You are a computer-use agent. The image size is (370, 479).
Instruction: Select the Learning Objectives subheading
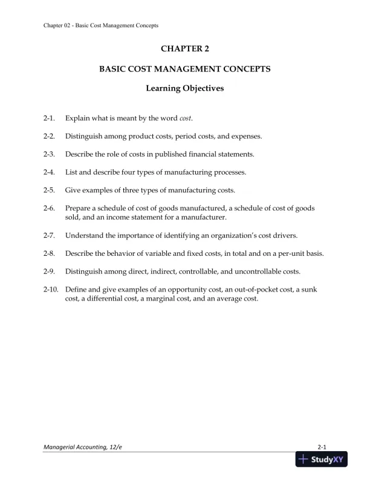185,88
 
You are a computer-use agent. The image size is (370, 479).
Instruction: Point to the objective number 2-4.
50,172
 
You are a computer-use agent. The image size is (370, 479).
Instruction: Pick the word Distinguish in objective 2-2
84,136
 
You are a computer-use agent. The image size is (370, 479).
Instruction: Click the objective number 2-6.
50,209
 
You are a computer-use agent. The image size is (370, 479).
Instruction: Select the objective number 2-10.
51,290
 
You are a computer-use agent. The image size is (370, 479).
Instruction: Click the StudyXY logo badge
320,460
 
